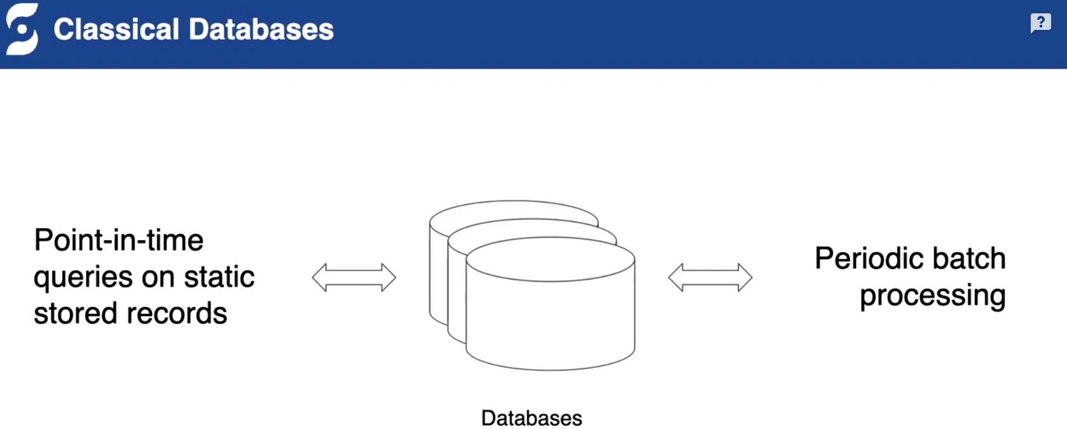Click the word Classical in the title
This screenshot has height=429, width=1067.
click(116, 29)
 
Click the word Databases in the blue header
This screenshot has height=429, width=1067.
click(261, 29)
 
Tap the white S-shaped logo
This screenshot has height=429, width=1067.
click(22, 29)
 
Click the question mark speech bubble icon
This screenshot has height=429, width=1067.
click(1040, 23)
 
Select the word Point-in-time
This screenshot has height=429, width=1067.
click(119, 241)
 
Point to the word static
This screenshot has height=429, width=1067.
click(219, 277)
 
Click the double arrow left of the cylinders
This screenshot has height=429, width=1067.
click(354, 278)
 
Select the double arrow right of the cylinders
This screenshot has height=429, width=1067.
click(710, 278)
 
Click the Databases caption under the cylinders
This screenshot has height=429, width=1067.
click(532, 418)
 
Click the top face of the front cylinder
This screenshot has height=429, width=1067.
click(550, 259)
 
